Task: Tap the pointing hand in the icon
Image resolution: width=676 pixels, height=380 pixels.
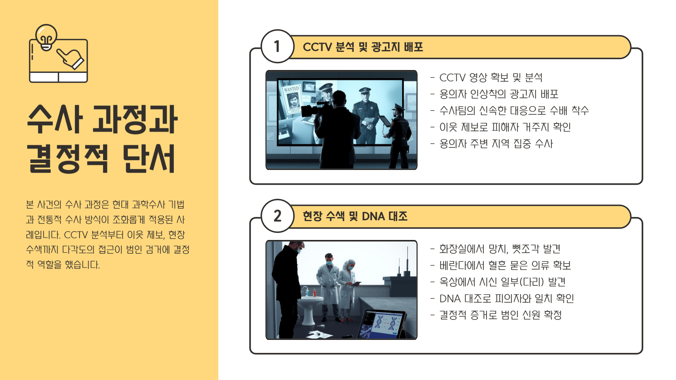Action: point(70,58)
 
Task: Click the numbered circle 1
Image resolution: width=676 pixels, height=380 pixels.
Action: point(277,46)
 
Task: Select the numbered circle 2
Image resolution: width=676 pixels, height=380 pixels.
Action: point(277,216)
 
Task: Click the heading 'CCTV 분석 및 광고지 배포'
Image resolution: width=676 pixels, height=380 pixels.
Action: point(363,47)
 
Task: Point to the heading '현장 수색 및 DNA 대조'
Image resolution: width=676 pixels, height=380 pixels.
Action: point(355,216)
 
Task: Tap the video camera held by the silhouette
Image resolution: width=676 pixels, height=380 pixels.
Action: point(316,108)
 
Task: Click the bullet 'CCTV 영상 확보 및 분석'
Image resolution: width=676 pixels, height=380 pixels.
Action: point(486,77)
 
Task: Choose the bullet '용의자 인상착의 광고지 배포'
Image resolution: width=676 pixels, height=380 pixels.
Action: point(494,94)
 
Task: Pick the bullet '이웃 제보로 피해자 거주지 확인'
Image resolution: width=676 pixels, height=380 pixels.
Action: point(500,127)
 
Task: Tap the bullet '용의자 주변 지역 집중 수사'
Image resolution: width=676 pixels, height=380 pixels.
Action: point(492,144)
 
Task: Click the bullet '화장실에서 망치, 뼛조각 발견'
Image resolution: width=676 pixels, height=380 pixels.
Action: point(495,249)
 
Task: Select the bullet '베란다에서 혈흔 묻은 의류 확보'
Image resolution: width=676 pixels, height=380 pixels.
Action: point(500,265)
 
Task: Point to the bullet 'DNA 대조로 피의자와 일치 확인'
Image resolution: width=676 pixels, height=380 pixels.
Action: point(502,298)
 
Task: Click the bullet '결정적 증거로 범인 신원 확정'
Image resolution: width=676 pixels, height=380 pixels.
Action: point(496,315)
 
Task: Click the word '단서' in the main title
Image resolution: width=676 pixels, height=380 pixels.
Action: point(149,158)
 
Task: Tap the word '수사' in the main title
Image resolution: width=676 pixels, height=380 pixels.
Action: point(55,119)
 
